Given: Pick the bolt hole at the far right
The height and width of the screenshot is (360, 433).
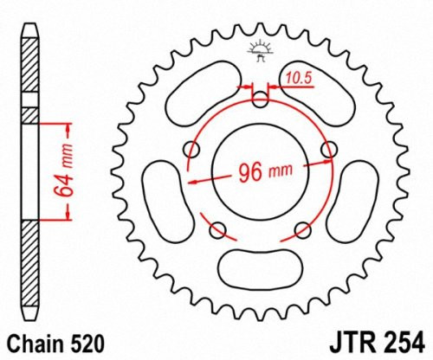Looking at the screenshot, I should point(328,152).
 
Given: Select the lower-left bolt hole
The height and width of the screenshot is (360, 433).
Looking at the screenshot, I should point(218,229).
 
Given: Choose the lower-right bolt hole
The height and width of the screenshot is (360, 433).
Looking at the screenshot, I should point(302,229).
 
